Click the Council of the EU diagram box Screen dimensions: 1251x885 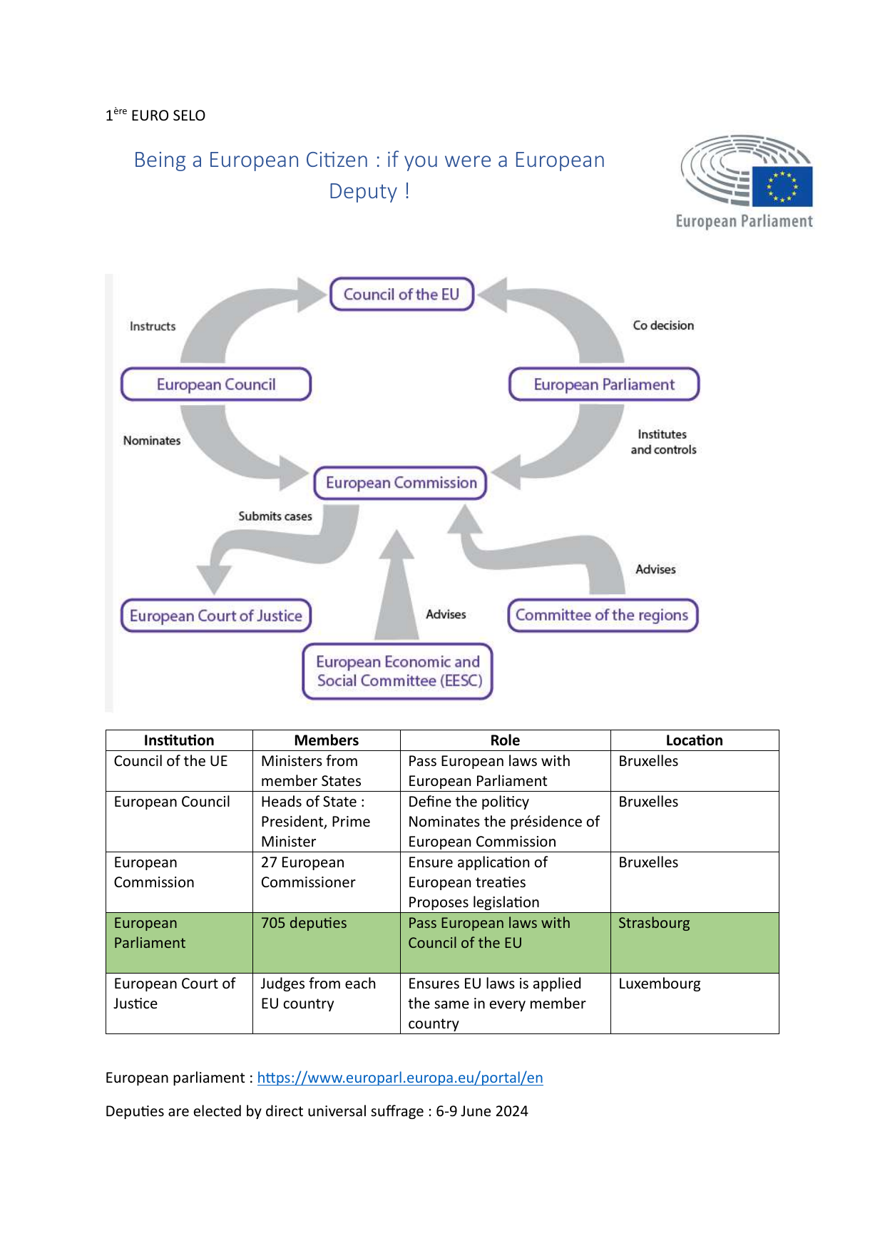coord(401,295)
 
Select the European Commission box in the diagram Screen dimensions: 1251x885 coord(401,483)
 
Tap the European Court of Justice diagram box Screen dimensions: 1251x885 coord(216,616)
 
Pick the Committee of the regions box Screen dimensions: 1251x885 coord(602,615)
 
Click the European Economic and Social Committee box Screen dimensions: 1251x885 coord(398,671)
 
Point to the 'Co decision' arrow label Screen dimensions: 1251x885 coord(663,325)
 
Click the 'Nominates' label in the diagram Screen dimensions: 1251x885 coord(152,441)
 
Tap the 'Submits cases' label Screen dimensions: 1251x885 coord(275,516)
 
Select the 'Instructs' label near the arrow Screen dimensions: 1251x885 coord(153,326)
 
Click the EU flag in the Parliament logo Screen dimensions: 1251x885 coord(782,187)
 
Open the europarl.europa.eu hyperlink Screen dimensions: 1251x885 coord(400,1078)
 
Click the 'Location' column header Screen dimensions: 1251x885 coord(694,740)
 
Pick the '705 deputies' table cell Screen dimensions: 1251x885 coord(304,923)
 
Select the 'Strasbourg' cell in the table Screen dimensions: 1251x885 coord(654,923)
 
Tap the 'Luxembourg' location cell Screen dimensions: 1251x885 coord(660,984)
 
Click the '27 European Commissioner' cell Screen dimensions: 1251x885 coord(308,872)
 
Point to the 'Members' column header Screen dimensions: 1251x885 coord(326,740)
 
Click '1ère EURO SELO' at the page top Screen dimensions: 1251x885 coord(155,115)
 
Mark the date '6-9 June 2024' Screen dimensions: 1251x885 coord(482,1111)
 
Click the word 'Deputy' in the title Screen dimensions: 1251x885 coord(363,191)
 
